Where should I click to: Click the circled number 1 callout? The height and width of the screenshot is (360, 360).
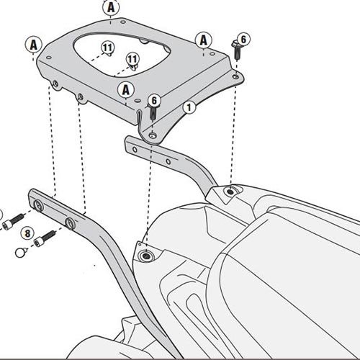tap(189, 107)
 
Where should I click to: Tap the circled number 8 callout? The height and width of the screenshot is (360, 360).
tap(27, 233)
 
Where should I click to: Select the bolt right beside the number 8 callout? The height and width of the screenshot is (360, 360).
tap(45, 238)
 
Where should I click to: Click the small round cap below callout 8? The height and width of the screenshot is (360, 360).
tap(21, 252)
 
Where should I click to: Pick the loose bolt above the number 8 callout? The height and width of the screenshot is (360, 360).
tap(13, 221)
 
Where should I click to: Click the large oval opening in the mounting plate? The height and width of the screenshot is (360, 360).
tap(122, 54)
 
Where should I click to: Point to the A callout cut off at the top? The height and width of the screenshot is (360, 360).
tap(111, 7)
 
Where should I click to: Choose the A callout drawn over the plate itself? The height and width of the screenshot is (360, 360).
tap(126, 91)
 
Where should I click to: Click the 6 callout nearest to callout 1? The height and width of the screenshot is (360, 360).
tap(154, 100)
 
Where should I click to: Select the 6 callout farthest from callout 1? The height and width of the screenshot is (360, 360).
tap(243, 39)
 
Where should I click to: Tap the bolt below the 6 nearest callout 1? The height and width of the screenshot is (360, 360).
tap(152, 112)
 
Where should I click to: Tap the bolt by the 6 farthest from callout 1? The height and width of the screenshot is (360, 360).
tap(236, 50)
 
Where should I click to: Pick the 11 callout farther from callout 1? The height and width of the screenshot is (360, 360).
tap(108, 48)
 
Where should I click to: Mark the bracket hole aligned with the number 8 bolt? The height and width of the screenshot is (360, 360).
tap(71, 223)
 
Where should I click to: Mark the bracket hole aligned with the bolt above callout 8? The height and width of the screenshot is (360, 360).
tap(39, 205)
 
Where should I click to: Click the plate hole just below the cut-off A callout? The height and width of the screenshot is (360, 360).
tap(123, 22)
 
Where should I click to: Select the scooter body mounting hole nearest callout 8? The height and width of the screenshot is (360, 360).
tap(145, 256)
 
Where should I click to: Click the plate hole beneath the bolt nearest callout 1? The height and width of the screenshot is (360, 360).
tap(152, 136)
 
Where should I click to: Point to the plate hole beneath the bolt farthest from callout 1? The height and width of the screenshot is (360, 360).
tap(235, 76)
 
